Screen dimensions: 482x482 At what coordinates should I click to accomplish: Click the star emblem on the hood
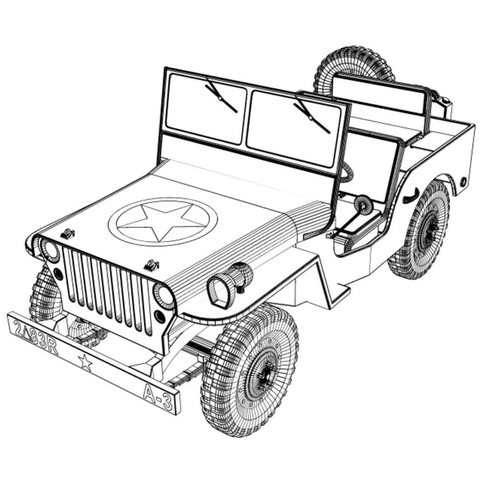(162, 221)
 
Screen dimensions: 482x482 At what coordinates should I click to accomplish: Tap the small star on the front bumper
(85, 361)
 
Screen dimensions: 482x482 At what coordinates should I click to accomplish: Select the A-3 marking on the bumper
(157, 397)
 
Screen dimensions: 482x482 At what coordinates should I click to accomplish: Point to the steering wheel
(363, 204)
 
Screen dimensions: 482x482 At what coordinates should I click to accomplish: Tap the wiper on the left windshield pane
(221, 97)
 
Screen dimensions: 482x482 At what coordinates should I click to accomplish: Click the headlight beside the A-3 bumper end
(164, 296)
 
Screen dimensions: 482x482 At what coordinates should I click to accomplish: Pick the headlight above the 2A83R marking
(50, 250)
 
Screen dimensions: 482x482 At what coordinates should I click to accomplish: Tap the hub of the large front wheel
(265, 375)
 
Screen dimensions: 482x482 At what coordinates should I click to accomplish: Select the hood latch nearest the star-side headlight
(68, 233)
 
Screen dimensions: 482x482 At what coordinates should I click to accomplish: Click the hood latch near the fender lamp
(151, 265)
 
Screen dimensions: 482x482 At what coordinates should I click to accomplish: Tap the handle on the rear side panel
(410, 196)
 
